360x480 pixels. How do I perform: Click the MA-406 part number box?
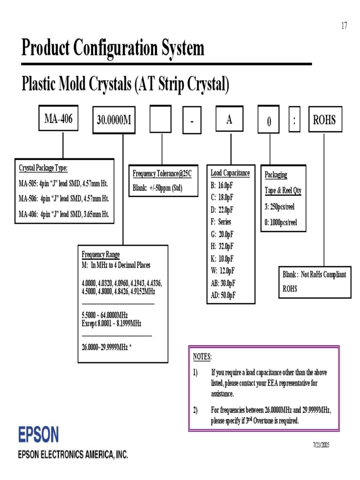pos(58,119)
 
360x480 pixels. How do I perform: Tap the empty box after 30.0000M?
pos(160,119)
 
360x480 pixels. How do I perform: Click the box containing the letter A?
pos(229,119)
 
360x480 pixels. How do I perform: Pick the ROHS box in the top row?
pos(324,120)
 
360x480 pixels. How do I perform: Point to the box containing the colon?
pos(294,120)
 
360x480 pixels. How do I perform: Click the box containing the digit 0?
pos(269,120)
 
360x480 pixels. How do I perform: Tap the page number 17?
pos(344,26)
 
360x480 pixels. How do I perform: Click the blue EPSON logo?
pos(38,435)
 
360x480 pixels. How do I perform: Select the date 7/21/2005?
pos(321,444)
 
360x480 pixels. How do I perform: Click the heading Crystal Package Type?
pos(43,168)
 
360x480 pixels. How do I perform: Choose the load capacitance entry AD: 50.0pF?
pos(223,295)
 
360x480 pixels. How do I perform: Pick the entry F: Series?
pos(221,222)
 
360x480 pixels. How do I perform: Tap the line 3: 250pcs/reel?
pos(280,207)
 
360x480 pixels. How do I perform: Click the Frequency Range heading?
pos(101,255)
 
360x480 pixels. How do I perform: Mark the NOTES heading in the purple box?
pos(202,357)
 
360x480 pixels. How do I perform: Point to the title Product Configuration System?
pos(113,48)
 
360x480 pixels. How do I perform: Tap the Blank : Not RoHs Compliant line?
pos(314,274)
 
